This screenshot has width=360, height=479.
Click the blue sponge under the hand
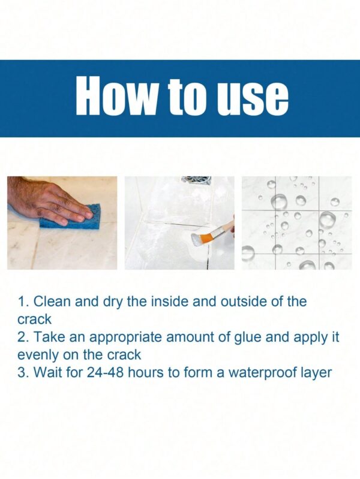coord(73,218)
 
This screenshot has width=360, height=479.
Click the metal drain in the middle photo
coord(196,180)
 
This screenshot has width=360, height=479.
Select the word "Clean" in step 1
coord(52,301)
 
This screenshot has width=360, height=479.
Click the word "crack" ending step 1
coord(35,320)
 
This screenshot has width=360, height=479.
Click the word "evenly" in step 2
coord(38,356)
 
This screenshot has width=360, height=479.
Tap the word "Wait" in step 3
coord(48,373)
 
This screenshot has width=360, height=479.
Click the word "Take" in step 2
coord(49,338)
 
